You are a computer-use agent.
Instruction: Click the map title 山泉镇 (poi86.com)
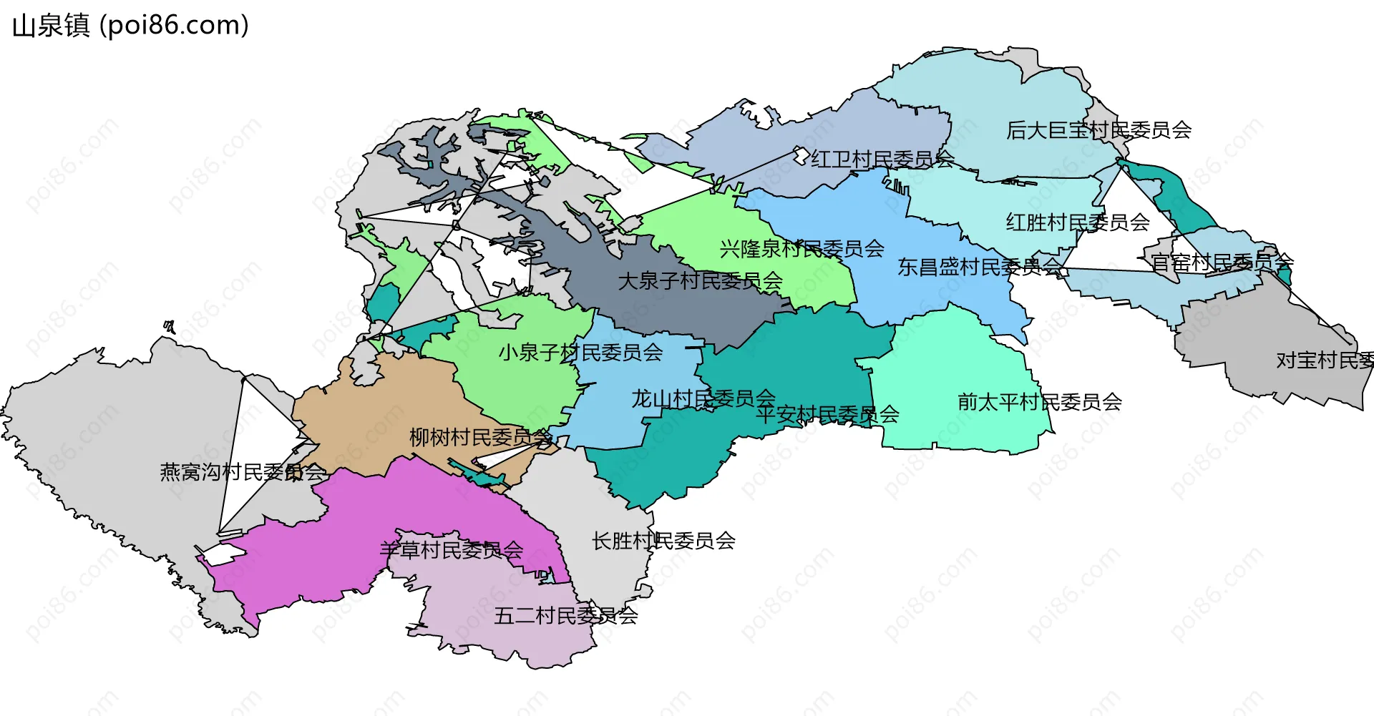pos(130,26)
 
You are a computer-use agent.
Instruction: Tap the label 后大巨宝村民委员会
pos(1098,130)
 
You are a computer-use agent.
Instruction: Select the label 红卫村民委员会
pos(882,159)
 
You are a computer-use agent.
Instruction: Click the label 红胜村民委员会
pos(1078,222)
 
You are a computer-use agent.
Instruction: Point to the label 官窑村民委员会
pos(1222,262)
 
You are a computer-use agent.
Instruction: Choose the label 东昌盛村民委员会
pos(980,267)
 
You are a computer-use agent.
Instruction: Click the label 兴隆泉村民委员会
pos(801,249)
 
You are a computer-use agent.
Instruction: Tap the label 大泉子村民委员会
pos(700,281)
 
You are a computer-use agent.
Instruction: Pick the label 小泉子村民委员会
pos(580,352)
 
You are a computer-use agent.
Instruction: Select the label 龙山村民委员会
pos(703,398)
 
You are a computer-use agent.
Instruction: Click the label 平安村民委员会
pos(827,414)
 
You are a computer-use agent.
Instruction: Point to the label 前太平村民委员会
pos(1039,402)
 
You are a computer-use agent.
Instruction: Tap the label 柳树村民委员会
pos(480,437)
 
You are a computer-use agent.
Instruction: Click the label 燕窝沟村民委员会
pos(243,472)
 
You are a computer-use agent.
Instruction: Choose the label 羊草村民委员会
pos(451,550)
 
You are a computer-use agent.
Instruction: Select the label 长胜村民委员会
pos(663,541)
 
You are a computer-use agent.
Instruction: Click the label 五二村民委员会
pos(565,615)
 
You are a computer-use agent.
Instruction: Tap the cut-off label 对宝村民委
pos(1324,361)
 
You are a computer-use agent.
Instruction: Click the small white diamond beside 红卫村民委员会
pos(801,155)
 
